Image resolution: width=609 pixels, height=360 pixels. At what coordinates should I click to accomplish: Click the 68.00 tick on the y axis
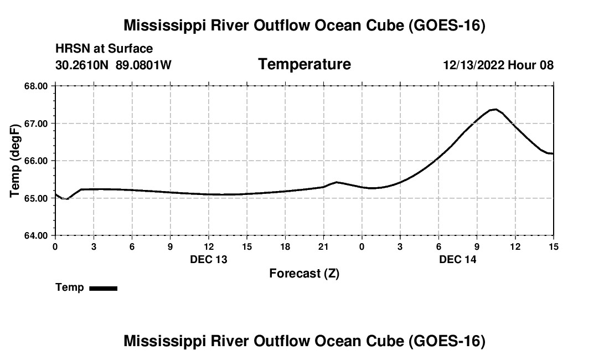(36, 86)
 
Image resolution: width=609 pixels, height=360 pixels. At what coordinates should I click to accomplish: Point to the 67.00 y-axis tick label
(36, 124)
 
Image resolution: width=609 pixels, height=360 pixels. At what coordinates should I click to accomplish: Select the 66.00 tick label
(36, 161)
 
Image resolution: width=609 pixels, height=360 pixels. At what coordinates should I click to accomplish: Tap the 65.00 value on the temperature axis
(36, 198)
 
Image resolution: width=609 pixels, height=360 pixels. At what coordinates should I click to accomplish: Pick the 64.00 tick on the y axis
(36, 236)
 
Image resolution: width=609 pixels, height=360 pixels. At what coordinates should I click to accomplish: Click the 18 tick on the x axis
(285, 246)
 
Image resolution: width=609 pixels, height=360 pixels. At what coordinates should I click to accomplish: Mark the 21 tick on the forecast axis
(323, 246)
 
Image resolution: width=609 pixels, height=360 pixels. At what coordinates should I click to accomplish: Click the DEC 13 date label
(209, 259)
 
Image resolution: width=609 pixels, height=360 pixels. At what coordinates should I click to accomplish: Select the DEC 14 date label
(457, 259)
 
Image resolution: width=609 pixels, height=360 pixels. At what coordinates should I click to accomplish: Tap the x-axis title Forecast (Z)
(304, 274)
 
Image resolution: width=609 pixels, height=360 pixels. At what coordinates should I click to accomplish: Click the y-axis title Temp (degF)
(15, 161)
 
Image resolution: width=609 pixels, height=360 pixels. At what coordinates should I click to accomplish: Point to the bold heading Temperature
(304, 64)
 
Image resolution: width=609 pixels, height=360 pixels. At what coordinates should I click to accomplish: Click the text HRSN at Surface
(104, 49)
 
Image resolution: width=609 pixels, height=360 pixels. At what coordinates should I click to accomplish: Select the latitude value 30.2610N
(82, 65)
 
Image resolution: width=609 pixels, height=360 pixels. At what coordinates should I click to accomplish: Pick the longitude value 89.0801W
(143, 65)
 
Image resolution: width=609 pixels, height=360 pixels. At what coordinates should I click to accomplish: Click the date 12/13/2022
(474, 65)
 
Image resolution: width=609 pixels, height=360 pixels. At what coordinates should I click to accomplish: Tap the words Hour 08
(530, 65)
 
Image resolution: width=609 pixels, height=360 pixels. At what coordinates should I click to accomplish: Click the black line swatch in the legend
(104, 288)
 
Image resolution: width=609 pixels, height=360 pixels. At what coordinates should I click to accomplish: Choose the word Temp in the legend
(70, 287)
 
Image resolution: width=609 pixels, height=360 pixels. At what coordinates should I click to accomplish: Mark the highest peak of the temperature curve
(495, 109)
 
